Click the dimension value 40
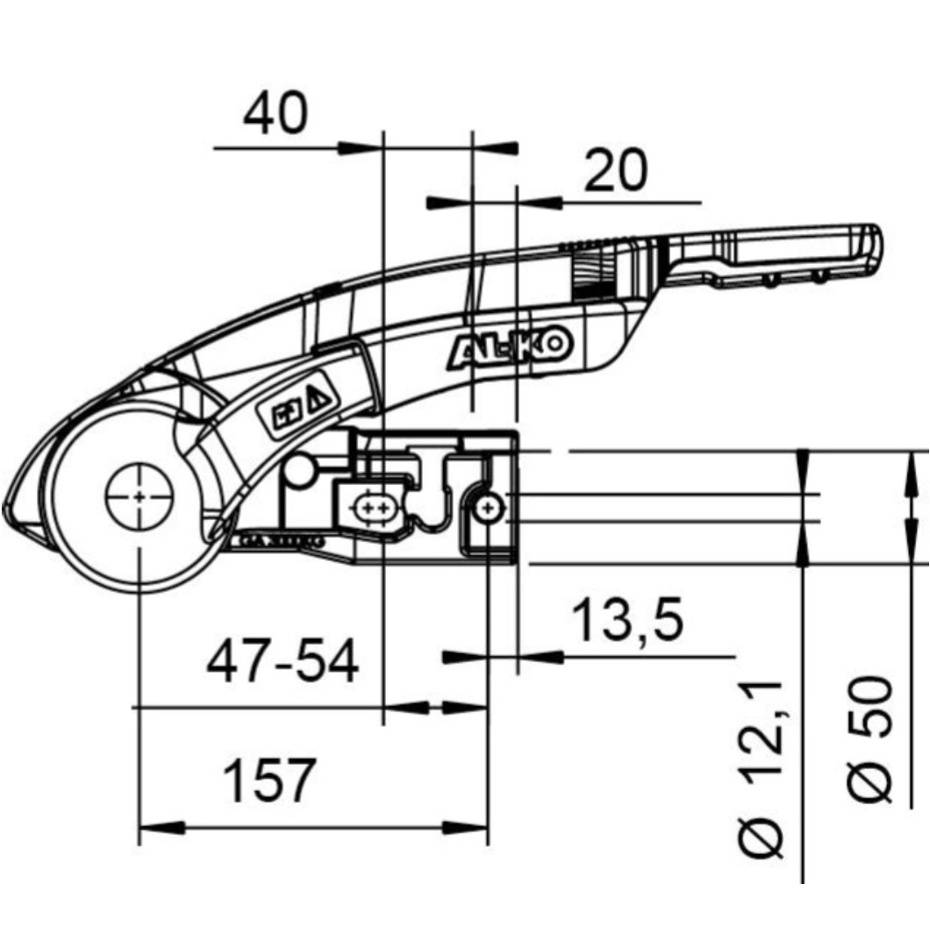276,114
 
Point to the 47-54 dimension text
283,662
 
